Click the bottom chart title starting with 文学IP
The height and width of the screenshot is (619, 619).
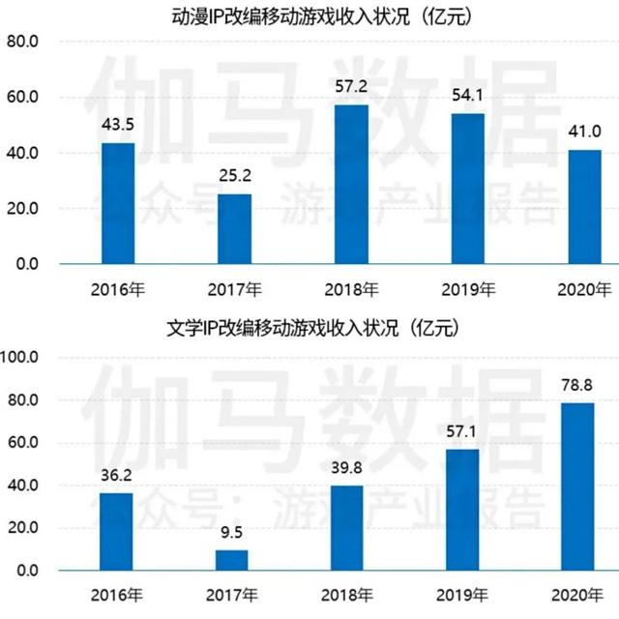pos(309,328)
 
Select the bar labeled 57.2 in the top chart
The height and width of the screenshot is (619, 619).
pos(351,184)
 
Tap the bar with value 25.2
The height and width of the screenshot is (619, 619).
pos(234,228)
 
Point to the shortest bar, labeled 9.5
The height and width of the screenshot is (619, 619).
pos(231,560)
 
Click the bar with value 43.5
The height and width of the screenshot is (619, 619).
pos(118,203)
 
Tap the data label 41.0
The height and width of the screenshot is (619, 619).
pos(584,131)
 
